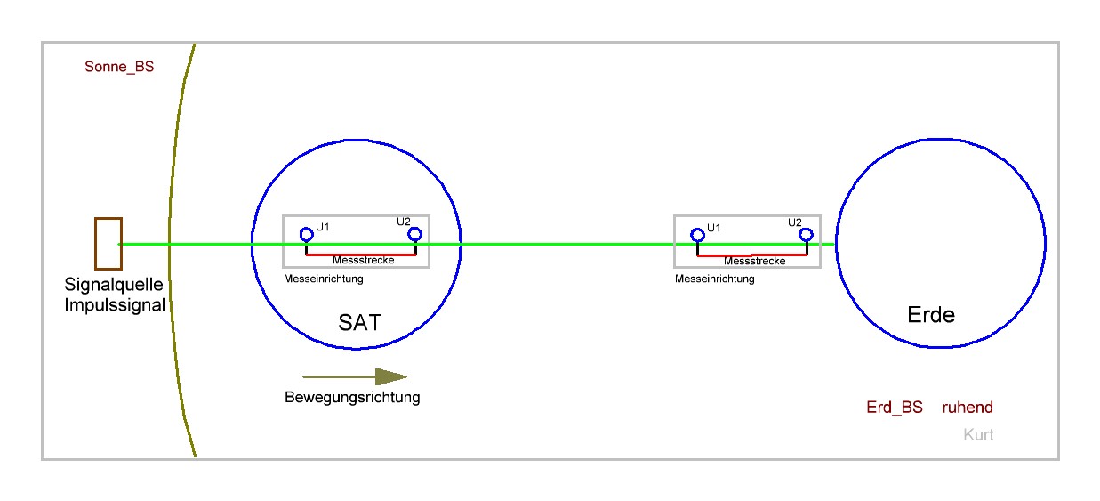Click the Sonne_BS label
[119, 67]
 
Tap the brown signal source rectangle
[96, 244]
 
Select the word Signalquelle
[114, 285]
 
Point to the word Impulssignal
[115, 305]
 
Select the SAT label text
[360, 323]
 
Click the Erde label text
[931, 315]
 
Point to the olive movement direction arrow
[355, 377]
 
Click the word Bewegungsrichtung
[352, 397]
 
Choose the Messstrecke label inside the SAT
[364, 260]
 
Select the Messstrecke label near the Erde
[754, 261]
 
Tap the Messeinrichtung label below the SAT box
[324, 279]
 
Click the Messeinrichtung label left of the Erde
[714, 279]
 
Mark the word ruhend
[968, 407]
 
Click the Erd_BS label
[895, 408]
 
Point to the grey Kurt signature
[978, 434]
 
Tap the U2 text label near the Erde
[795, 222]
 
